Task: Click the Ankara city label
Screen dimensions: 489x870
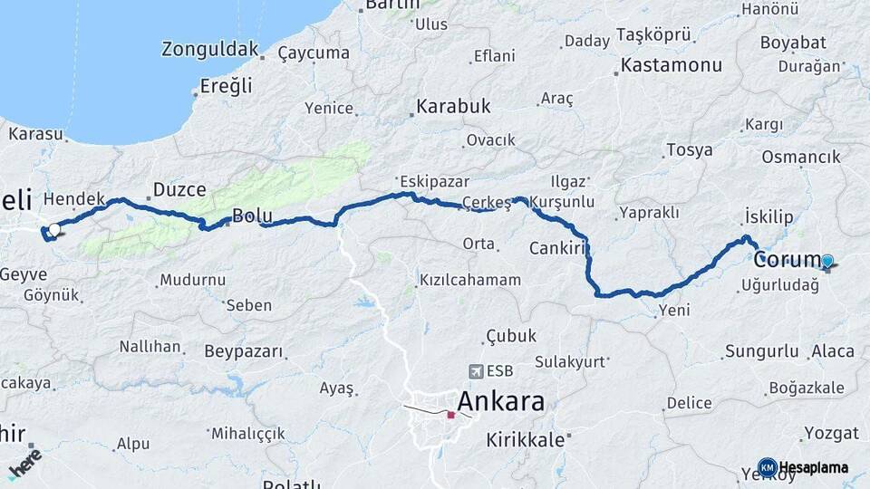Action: coord(501,401)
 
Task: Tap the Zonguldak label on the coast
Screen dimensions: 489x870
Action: coord(209,49)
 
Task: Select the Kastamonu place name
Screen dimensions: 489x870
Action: coord(672,65)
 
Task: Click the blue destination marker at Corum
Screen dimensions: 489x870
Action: coord(826,263)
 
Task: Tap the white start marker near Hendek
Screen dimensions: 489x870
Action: coord(54,230)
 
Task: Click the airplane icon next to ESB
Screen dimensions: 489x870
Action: coord(476,371)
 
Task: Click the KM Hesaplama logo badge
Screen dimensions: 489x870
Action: coord(768,467)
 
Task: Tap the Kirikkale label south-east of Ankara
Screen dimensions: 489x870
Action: coord(526,440)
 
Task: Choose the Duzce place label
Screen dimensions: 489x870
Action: coord(179,190)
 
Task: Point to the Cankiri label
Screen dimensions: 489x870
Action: coord(554,248)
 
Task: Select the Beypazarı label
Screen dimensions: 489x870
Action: coord(244,350)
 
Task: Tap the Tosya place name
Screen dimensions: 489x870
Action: coord(689,150)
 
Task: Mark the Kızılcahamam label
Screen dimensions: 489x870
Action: coord(469,280)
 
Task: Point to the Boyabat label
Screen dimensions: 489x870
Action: coord(793,43)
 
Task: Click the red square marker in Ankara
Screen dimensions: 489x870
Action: coord(450,415)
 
